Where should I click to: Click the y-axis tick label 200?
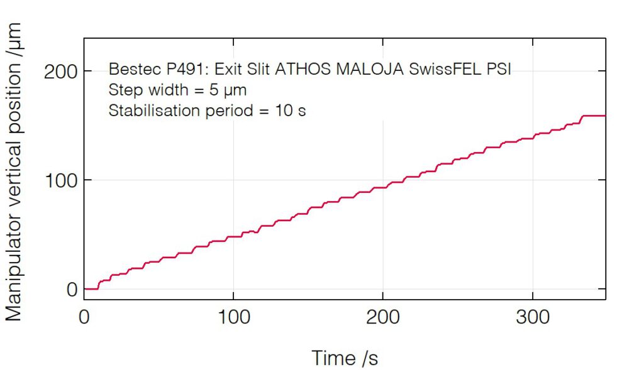tap(60, 72)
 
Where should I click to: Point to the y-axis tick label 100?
tap(60, 180)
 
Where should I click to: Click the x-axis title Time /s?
tap(345, 358)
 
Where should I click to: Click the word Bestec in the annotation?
tap(129, 69)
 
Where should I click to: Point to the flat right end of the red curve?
tap(594, 116)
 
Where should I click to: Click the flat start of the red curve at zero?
tap(91, 289)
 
